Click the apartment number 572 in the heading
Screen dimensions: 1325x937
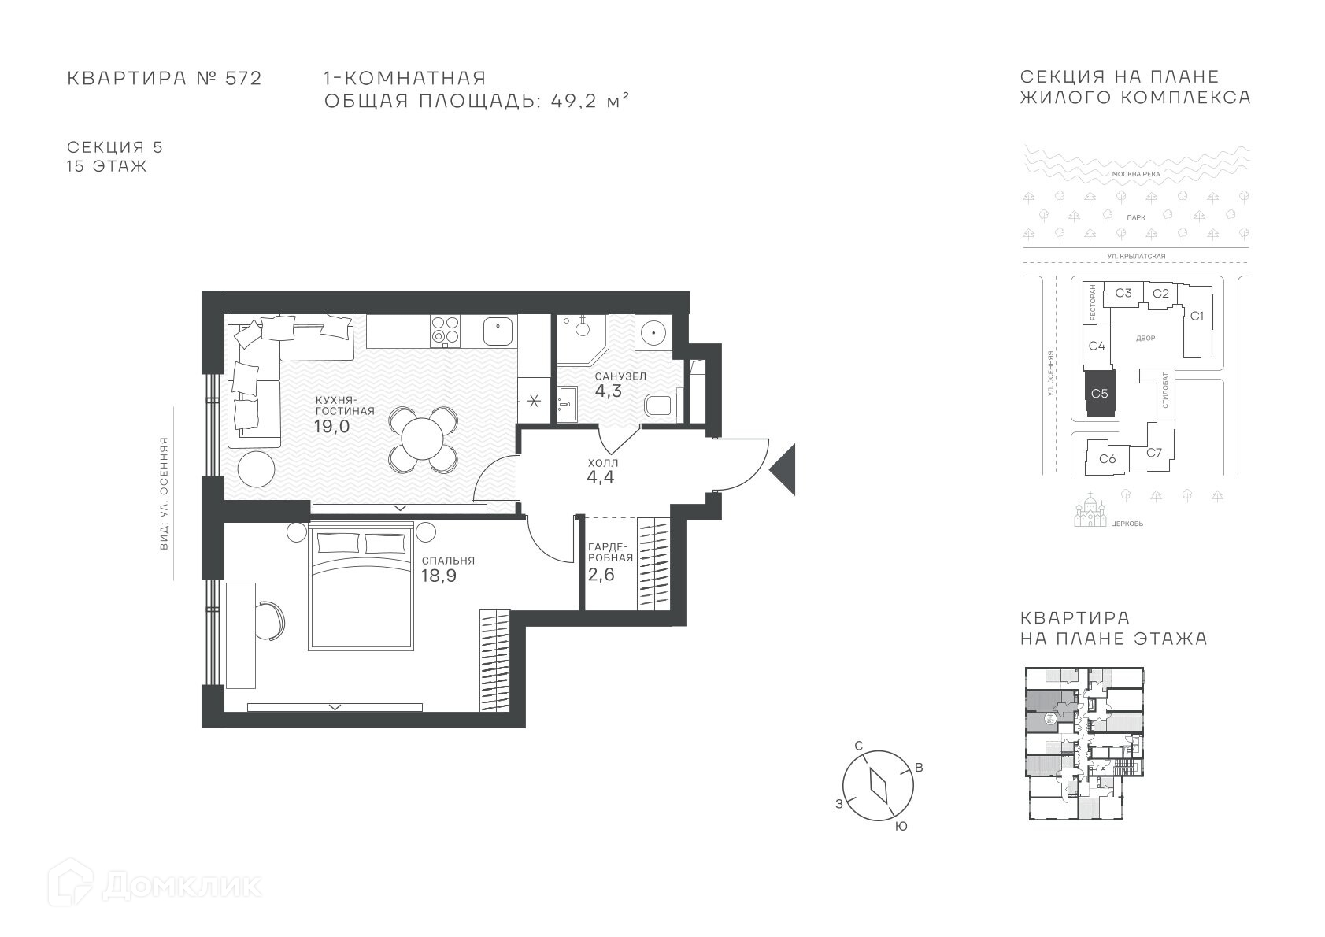(x=243, y=79)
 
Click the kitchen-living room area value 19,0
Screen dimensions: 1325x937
(x=332, y=426)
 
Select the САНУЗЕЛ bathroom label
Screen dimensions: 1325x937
(x=620, y=376)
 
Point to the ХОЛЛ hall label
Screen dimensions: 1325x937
(x=603, y=462)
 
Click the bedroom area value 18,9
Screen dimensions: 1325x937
(x=439, y=576)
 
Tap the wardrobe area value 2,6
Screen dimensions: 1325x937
(x=601, y=574)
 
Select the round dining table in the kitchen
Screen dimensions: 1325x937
(x=422, y=439)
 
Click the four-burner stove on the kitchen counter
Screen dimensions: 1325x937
(x=446, y=331)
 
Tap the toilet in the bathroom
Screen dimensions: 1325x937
(x=661, y=406)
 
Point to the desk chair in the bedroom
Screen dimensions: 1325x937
(x=272, y=620)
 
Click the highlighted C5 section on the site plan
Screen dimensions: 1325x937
(x=1099, y=394)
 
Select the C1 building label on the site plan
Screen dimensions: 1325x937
(x=1197, y=316)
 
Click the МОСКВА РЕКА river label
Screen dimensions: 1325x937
(x=1136, y=174)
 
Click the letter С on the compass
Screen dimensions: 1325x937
(x=859, y=745)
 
